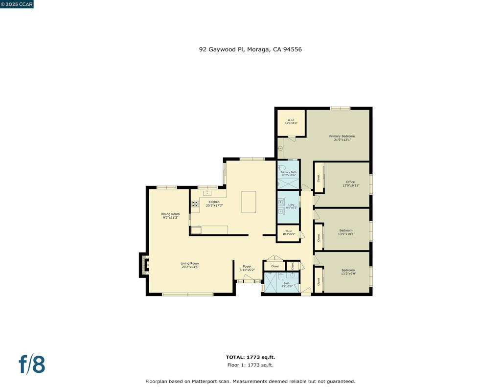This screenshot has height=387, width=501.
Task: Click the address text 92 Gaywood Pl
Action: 221,49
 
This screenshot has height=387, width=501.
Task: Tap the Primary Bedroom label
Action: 342,136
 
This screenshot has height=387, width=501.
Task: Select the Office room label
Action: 350,182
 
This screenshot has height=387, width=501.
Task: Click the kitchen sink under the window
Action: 207,193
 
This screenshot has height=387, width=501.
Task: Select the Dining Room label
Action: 170,214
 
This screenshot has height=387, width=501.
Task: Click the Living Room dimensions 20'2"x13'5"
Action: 190,267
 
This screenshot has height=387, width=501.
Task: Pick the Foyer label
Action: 247,267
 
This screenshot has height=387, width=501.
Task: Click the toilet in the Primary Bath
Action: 281,167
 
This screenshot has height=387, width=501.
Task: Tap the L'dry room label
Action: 291,205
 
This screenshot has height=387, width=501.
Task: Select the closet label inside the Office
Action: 319,179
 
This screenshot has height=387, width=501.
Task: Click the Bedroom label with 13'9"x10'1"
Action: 346,230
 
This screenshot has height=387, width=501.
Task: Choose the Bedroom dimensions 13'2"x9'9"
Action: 348,273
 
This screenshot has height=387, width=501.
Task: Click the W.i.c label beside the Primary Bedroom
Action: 291,120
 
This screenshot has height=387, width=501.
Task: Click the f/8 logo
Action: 32,364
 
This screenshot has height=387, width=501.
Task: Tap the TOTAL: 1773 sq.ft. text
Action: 250,357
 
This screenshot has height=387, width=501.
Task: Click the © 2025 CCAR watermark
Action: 17,4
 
